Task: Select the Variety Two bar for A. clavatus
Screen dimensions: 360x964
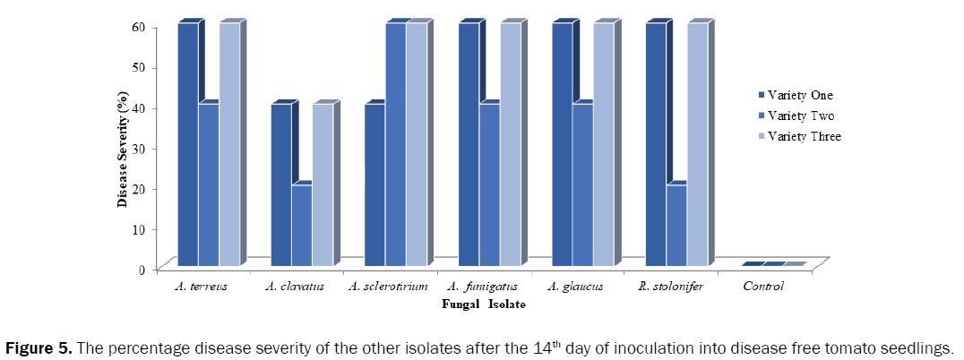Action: click(302, 225)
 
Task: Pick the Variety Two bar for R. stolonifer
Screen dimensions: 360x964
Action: click(676, 225)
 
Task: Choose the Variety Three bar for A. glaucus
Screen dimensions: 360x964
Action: click(603, 144)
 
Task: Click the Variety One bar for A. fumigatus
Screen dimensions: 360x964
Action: click(469, 144)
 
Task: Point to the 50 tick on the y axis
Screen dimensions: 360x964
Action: click(141, 67)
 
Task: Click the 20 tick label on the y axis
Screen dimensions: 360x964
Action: click(141, 188)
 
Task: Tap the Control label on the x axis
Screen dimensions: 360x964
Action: click(763, 287)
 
